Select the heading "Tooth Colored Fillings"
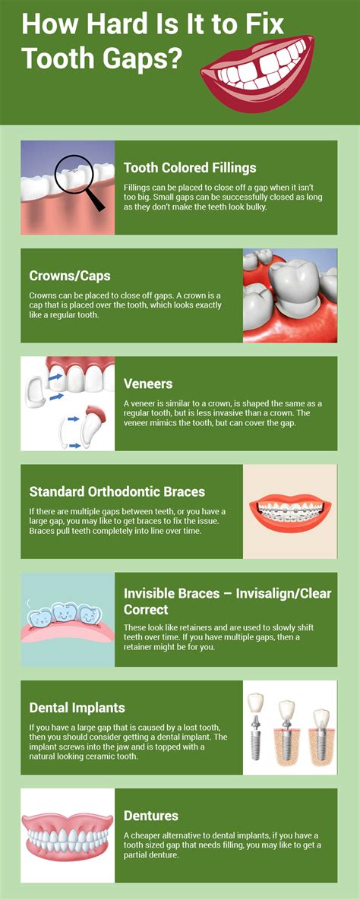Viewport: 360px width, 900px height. click(x=190, y=168)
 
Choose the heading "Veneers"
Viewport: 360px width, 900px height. click(x=148, y=384)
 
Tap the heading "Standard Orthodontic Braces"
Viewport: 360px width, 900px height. click(x=117, y=492)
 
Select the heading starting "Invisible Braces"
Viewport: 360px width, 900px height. click(x=227, y=601)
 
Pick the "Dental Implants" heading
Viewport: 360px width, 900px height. click(x=77, y=708)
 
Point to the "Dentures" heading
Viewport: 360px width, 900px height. click(x=151, y=816)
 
